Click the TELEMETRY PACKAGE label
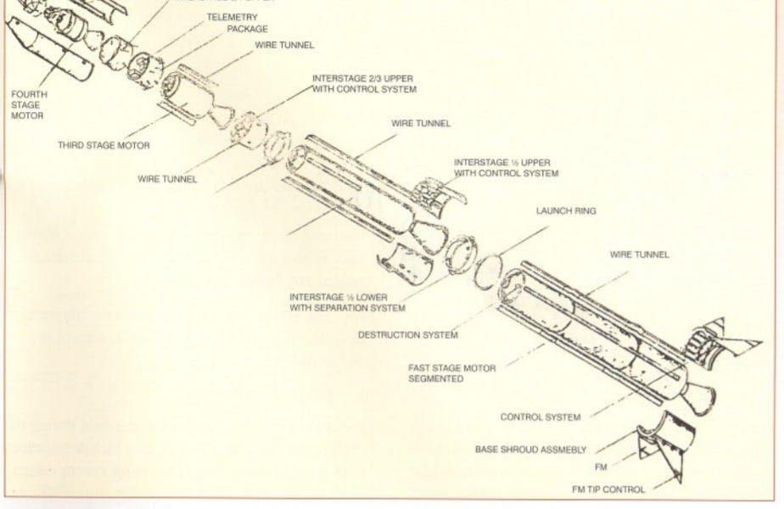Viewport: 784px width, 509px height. pos(232,22)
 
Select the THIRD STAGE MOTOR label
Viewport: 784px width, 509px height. pos(104,146)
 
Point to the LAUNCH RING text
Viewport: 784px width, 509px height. pos(565,211)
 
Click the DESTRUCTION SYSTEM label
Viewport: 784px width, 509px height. pos(402,334)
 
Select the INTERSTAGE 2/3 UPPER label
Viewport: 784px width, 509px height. pos(364,82)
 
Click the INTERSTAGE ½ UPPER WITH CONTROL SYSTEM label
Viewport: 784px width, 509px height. pos(506,167)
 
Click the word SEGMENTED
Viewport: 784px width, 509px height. pos(435,379)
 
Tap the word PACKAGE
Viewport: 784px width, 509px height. pos(247,28)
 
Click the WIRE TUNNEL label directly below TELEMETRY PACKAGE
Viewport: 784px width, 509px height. pos(284,44)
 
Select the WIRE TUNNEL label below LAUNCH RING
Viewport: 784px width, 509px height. pos(639,255)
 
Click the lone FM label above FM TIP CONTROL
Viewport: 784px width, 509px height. pos(602,467)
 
